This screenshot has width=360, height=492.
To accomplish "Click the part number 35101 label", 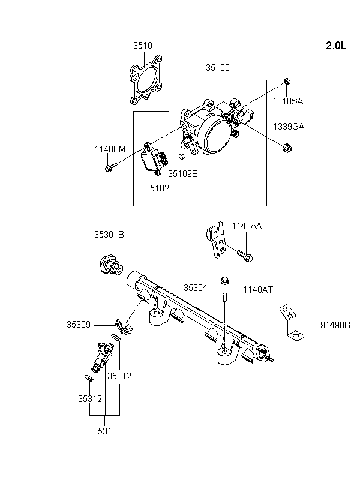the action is (x=145, y=46).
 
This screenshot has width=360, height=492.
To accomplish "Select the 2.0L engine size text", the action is (x=336, y=46).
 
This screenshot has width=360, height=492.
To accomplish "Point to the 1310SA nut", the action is (x=287, y=81).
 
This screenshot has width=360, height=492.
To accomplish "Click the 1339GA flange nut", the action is (x=287, y=147).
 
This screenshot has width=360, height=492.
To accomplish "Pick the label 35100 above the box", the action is (x=218, y=68).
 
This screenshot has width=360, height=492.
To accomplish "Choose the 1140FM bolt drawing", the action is (x=112, y=166).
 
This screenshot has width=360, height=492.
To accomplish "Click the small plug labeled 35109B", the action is (x=182, y=156).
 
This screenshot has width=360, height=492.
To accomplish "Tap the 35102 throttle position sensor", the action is (x=154, y=159).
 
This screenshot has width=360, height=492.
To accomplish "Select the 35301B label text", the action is (x=109, y=235).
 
